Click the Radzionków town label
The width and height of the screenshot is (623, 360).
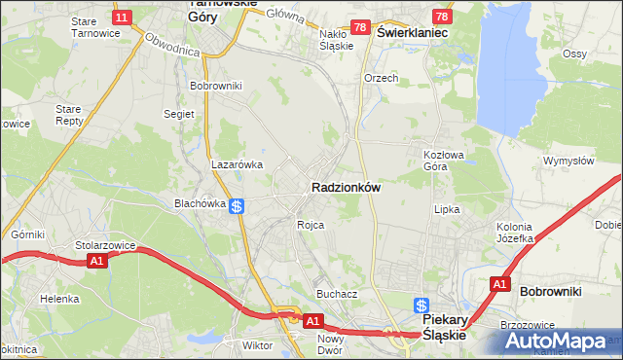pos(346,187)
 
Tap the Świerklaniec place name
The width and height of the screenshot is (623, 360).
pos(412,32)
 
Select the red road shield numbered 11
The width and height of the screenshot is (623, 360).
pos(122,18)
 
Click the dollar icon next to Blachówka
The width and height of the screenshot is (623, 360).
pos(238,204)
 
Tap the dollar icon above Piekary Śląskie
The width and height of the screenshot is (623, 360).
pos(421,305)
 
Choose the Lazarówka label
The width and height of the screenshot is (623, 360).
pos(238,164)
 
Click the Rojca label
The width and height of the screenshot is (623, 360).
pos(311,224)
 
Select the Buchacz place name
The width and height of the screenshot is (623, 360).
pos(337,293)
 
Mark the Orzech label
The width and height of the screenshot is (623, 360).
pos(382,78)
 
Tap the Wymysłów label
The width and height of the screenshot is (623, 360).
pos(568,161)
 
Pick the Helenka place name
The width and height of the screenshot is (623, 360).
pos(59,299)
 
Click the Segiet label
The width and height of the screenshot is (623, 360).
pos(179,114)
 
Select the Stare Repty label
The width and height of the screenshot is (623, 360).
pos(69,115)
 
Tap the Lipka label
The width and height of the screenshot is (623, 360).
pos(447,209)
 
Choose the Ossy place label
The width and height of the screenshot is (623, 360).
pos(602,53)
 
